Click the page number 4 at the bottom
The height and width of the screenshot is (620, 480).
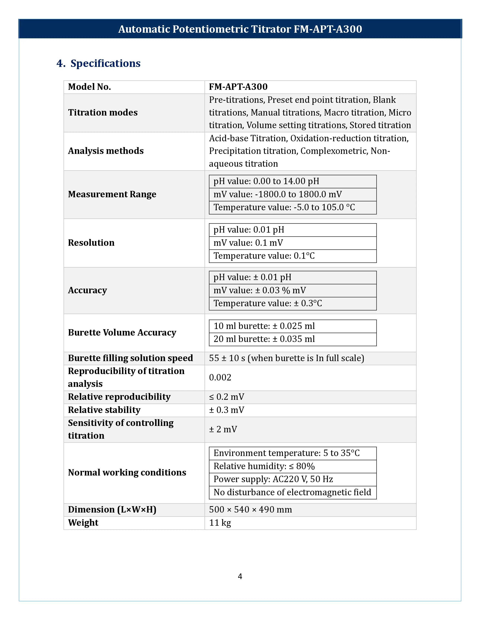coord(240,576)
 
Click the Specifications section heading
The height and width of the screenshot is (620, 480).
coord(105,63)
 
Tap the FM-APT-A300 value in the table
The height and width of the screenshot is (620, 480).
coord(238,87)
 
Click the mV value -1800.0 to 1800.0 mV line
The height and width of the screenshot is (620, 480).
coord(277,194)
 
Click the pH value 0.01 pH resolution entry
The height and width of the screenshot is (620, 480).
coord(249,230)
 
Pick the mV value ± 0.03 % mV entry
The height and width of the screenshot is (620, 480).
coord(260,290)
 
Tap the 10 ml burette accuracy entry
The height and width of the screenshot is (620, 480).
coord(264,326)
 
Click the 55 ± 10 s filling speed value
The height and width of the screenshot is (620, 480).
coord(286,358)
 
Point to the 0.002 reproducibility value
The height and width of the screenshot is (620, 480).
coord(220,378)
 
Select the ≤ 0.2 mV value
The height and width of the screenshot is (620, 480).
coord(227,397)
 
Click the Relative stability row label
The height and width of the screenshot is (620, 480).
coord(104,410)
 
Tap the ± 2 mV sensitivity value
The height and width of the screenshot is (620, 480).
coord(223,429)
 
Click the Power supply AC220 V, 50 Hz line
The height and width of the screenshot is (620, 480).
coord(273,479)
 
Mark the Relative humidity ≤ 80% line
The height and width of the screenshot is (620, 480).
coord(264,466)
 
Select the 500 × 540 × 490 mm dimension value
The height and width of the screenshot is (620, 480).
coord(250,510)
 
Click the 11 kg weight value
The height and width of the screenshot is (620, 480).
coord(220,523)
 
